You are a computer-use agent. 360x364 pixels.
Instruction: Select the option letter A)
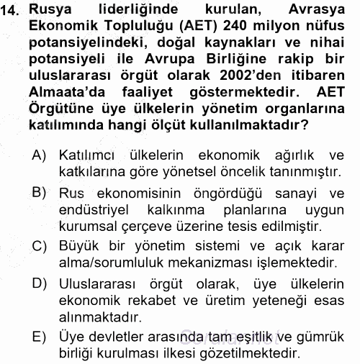tap(39, 155)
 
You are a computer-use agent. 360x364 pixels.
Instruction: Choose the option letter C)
tap(39, 245)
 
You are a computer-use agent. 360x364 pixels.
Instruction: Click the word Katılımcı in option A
tap(90, 155)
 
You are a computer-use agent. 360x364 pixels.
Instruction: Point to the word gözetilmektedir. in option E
tap(248, 352)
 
